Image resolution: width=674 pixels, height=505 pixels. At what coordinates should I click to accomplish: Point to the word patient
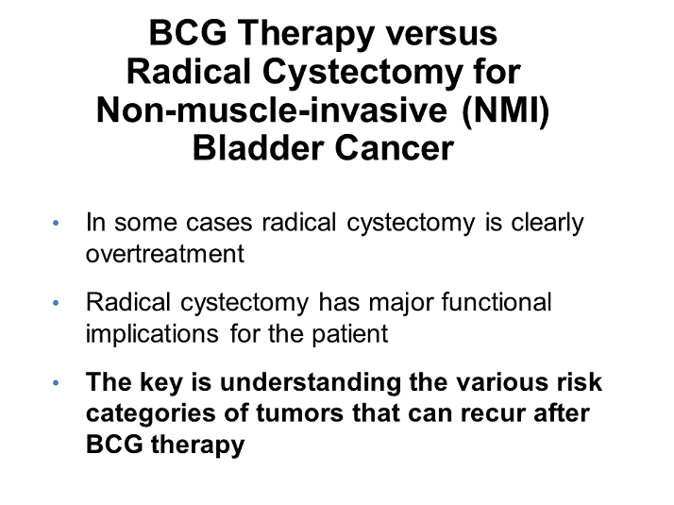tap(358, 334)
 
